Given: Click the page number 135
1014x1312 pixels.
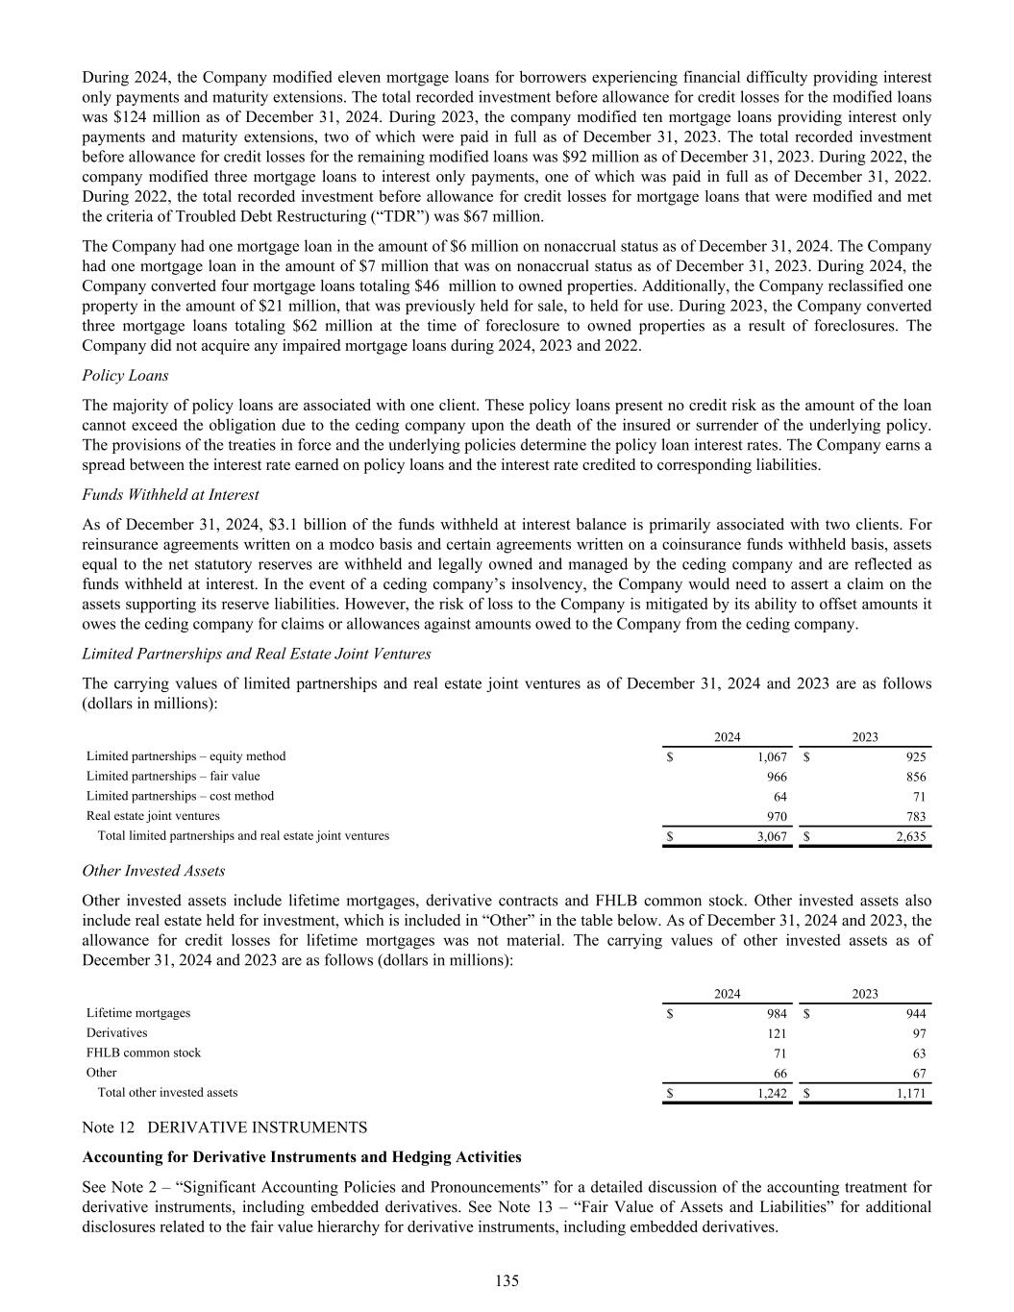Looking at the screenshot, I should pos(507,1280).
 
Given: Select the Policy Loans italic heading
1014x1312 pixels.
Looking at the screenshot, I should pos(125,375).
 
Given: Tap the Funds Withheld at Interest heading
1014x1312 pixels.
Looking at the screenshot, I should pos(170,494).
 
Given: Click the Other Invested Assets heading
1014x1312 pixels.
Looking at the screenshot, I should pos(154,870).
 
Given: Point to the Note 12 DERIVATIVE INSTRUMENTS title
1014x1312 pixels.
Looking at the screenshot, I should pos(225,1126).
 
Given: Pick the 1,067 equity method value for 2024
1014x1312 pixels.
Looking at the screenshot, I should pos(771,756).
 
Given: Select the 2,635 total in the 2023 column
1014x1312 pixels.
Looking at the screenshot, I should pos(909,836).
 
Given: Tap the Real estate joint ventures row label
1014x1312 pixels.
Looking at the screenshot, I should pos(153,816).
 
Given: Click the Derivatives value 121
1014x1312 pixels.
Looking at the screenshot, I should pos(776,1033).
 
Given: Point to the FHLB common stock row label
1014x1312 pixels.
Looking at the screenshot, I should pos(143,1052).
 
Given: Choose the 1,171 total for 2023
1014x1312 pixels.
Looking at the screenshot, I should pos(909,1093).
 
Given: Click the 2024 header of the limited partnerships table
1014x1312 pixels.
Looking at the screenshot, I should pos(728,737).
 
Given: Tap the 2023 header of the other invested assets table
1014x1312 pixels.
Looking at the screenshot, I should pos(865,994).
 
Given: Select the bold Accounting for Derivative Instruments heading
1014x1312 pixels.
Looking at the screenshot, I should pos(302,1156).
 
